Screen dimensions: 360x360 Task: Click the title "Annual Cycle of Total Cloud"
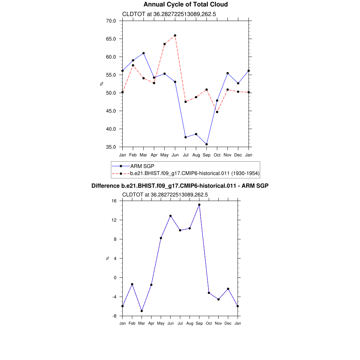click(x=186, y=5)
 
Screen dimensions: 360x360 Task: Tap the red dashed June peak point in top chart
click(x=175, y=36)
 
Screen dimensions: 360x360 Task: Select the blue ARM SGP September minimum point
click(x=206, y=144)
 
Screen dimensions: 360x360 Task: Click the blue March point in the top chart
click(x=143, y=53)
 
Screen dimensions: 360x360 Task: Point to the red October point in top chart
click(x=217, y=112)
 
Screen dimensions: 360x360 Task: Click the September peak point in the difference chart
click(x=199, y=205)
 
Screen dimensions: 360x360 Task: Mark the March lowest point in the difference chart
click(x=142, y=311)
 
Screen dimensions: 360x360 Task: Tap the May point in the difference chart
click(x=161, y=238)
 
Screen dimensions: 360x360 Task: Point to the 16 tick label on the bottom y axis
click(x=114, y=201)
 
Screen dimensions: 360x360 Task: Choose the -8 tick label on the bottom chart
click(x=114, y=316)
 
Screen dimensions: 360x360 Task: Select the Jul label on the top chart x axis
click(x=185, y=155)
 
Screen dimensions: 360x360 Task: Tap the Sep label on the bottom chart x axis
click(x=199, y=323)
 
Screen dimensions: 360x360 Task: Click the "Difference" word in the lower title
click(x=103, y=186)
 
